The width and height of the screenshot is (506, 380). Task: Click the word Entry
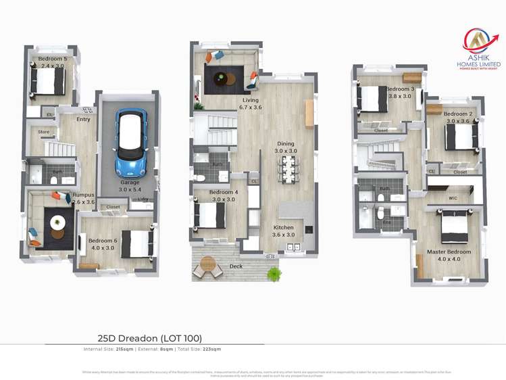(83, 120)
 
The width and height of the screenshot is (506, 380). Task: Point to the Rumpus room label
(84, 198)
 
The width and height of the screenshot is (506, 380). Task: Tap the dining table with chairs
(288, 168)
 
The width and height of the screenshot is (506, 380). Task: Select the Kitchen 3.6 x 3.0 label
(284, 231)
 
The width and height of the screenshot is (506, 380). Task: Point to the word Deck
(235, 267)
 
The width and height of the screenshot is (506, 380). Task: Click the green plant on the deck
(274, 274)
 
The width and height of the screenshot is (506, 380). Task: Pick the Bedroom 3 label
(400, 93)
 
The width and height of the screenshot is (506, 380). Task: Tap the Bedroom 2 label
(458, 118)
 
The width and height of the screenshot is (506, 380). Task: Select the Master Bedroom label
(449, 255)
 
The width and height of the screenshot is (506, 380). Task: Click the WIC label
(453, 198)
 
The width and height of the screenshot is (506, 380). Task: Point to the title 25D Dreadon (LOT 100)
(150, 338)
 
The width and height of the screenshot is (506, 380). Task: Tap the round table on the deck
(209, 263)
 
